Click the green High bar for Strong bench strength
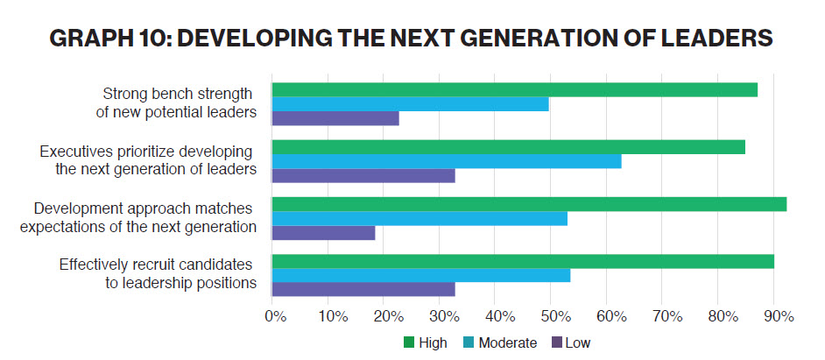(x=515, y=89)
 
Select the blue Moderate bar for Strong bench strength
(x=411, y=104)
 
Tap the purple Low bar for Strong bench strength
(x=335, y=118)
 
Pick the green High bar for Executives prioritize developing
(x=509, y=147)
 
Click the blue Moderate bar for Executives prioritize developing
(x=447, y=161)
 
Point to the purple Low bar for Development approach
(x=324, y=233)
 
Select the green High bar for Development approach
(x=529, y=204)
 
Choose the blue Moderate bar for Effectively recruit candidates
(x=421, y=276)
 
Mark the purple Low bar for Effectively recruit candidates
(x=363, y=290)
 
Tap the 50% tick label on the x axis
(x=552, y=316)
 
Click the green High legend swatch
(x=409, y=342)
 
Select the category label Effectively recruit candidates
(x=156, y=265)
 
